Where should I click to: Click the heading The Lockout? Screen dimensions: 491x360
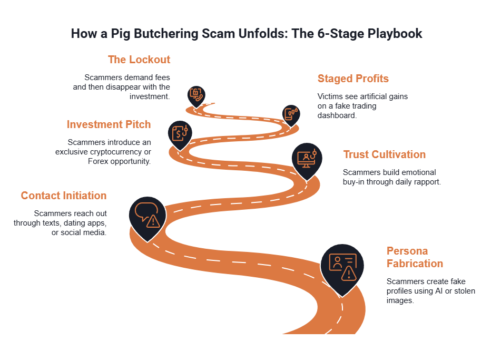pos(139,60)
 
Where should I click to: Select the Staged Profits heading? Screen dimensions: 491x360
pos(353,79)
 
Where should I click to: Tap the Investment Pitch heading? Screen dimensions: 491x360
pos(109,124)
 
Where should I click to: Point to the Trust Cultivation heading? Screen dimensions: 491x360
pos(385,154)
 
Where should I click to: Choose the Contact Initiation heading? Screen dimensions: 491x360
pos(64,196)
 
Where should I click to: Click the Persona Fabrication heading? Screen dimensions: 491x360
pos(415,257)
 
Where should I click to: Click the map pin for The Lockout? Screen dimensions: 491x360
pos(197,96)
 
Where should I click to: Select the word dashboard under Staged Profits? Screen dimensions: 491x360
pos(337,115)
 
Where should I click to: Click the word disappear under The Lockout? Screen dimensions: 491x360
pos(123,87)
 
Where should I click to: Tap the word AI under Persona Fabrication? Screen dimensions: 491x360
pos(439,291)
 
